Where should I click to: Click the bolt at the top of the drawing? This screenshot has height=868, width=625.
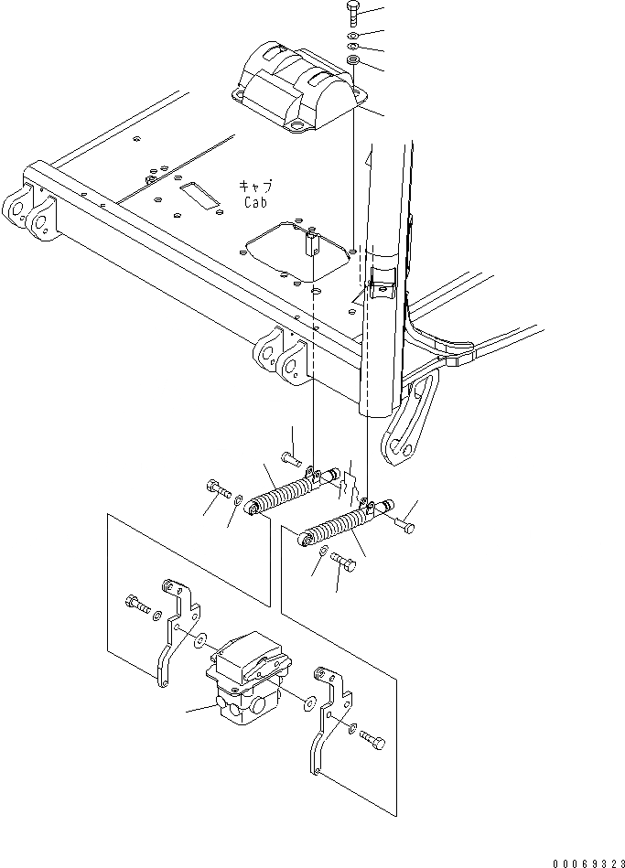tap(354, 10)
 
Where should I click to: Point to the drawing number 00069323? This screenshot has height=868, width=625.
tap(586, 861)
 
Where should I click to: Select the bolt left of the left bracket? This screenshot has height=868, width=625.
tap(135, 603)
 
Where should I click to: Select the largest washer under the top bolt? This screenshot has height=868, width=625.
tap(354, 61)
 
